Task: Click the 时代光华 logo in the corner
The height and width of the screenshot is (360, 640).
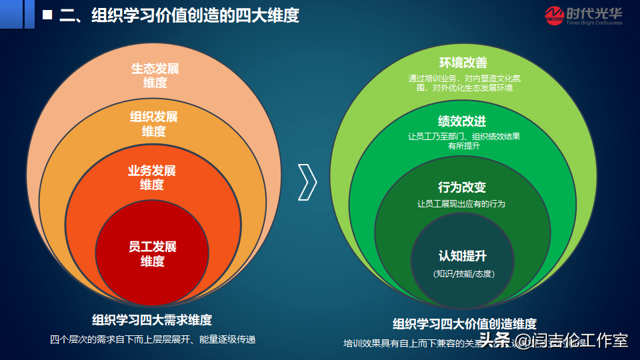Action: pos(583,15)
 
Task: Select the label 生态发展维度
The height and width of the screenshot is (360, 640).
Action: pos(155,75)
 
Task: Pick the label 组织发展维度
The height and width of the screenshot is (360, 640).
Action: pos(154,124)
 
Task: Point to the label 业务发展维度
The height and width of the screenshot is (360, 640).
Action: pos(152,177)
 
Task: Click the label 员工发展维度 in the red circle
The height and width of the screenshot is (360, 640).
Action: pos(153,254)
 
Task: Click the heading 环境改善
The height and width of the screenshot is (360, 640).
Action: pos(463,63)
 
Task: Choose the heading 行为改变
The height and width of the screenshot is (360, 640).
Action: pos(462,187)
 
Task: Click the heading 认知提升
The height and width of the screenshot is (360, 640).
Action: pos(463,256)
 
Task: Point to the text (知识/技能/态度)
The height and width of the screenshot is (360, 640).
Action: pos(463,274)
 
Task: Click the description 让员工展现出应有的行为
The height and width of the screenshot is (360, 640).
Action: pos(461,204)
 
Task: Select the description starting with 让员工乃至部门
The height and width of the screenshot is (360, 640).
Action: pos(463,141)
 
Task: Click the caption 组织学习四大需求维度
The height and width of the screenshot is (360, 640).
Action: pos(153,319)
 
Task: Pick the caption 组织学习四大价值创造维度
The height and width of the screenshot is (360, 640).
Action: pos(464,324)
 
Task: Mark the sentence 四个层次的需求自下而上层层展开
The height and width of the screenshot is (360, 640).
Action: pos(153,339)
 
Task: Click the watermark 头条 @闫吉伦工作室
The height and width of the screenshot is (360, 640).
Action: pos(554,341)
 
